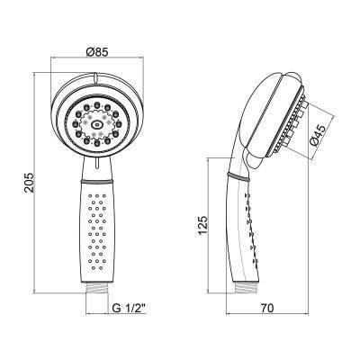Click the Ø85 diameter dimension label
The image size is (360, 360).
pyautogui.click(x=96, y=53)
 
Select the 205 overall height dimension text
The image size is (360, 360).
pyautogui.click(x=29, y=183)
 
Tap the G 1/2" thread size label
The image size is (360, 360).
pyautogui.click(x=129, y=307)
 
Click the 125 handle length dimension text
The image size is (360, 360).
pyautogui.click(x=202, y=226)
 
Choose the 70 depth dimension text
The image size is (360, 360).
pyautogui.click(x=267, y=307)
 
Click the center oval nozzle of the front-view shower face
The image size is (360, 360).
pyautogui.click(x=97, y=124)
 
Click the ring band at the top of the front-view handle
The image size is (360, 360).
pyautogui.click(x=96, y=181)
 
